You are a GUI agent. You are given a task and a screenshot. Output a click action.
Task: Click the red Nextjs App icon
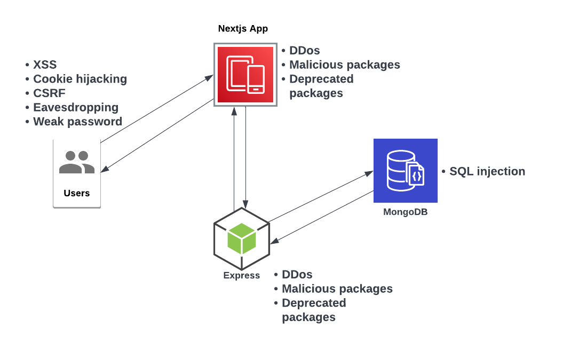coord(245,75)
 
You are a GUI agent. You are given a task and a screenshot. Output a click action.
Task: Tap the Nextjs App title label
coord(243,29)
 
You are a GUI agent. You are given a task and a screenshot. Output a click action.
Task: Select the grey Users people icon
coord(77,163)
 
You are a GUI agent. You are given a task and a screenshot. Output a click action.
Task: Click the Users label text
coord(77,193)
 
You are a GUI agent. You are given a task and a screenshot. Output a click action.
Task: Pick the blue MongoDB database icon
coord(406,171)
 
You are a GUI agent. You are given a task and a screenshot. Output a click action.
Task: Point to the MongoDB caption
coord(406,212)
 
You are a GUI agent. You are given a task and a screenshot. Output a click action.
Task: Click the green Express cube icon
coord(241,238)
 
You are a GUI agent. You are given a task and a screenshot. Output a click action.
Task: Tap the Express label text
coord(242,276)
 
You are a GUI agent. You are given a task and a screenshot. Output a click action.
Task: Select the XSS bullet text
coord(45,65)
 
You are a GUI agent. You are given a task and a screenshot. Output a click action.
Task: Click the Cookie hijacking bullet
coord(80,79)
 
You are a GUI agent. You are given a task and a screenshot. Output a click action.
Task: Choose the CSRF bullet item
coord(49,93)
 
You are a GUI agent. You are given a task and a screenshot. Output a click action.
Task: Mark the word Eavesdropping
coord(76,107)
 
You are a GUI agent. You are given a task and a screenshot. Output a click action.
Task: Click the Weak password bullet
coord(77,122)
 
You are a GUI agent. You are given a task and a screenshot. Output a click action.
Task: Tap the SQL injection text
coord(487,171)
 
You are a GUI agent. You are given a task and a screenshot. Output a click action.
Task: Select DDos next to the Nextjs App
coord(305,51)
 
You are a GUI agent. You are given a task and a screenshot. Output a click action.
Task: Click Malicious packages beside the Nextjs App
coord(345,65)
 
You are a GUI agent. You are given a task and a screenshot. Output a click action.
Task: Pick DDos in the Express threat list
coord(297,275)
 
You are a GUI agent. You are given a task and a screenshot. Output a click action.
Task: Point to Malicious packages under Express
coord(337,289)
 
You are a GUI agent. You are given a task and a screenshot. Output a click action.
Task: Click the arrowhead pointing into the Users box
coord(104,170)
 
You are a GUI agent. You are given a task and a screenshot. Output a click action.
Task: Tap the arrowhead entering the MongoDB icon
coord(370,173)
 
